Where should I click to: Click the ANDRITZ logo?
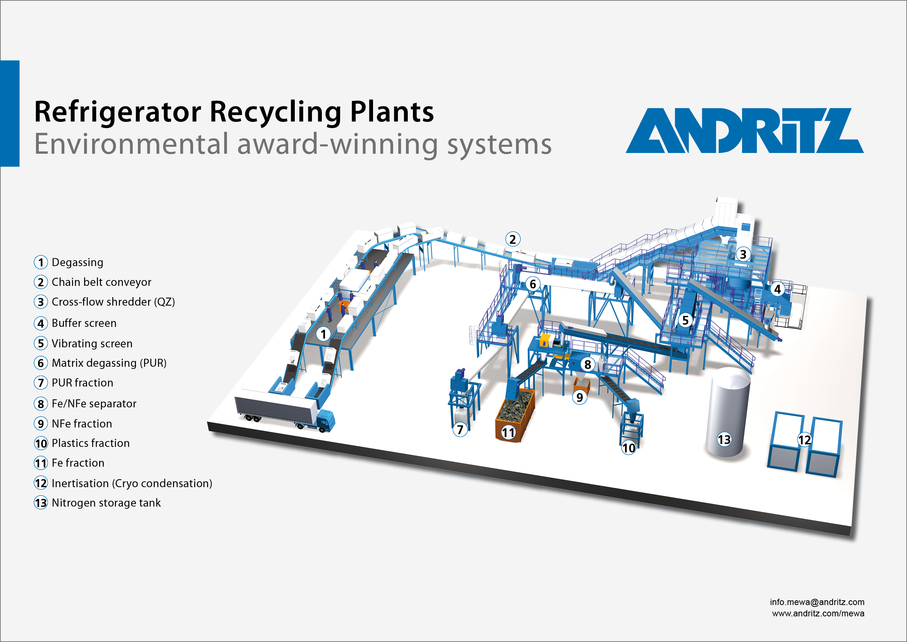coord(744,130)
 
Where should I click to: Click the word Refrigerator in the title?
coord(118,112)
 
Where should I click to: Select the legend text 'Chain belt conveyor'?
coord(101,282)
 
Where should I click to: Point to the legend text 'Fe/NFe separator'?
coord(94,404)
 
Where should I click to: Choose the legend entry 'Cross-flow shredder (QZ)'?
coord(113,302)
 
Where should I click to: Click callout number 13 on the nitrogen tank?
coord(724,440)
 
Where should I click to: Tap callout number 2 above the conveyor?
coord(512,239)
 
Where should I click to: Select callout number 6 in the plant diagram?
coord(532,284)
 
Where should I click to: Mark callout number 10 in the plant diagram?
coord(629,448)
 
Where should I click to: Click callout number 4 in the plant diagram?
coord(777,290)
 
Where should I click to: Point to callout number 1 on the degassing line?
coord(323,334)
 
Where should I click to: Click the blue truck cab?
coord(325,421)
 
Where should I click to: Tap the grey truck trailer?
coord(275,406)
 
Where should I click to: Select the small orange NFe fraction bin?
coord(582,384)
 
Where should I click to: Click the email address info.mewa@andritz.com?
coord(817,602)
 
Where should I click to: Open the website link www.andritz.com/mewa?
coord(818,613)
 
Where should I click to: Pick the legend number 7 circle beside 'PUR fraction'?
coord(41,382)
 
